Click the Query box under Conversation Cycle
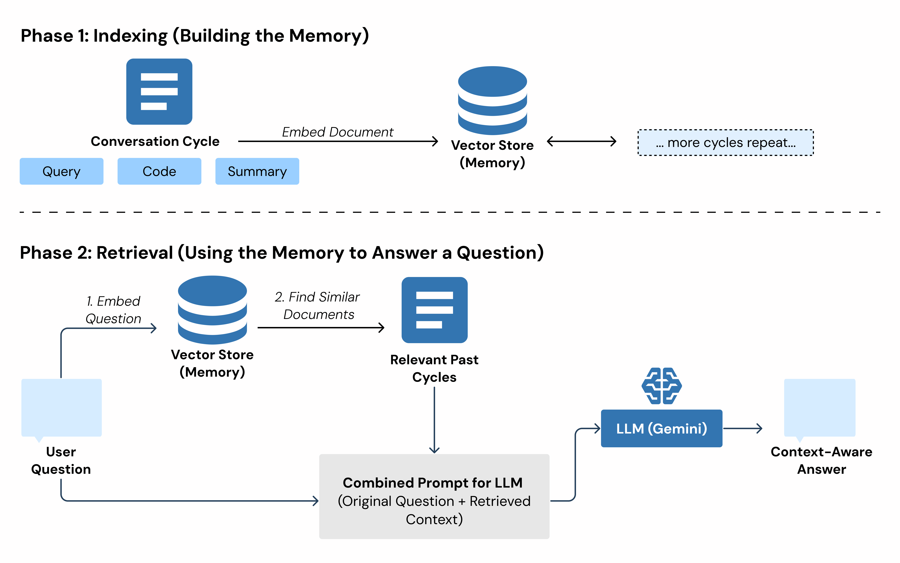61,171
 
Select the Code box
159,171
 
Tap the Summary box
257,171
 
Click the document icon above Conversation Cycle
159,92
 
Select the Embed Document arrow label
337,132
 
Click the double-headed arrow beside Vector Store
581,141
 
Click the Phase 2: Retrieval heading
282,253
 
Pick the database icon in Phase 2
212,310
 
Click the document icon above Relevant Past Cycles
434,310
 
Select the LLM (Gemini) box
661,429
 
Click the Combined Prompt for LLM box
434,496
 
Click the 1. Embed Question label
113,310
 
